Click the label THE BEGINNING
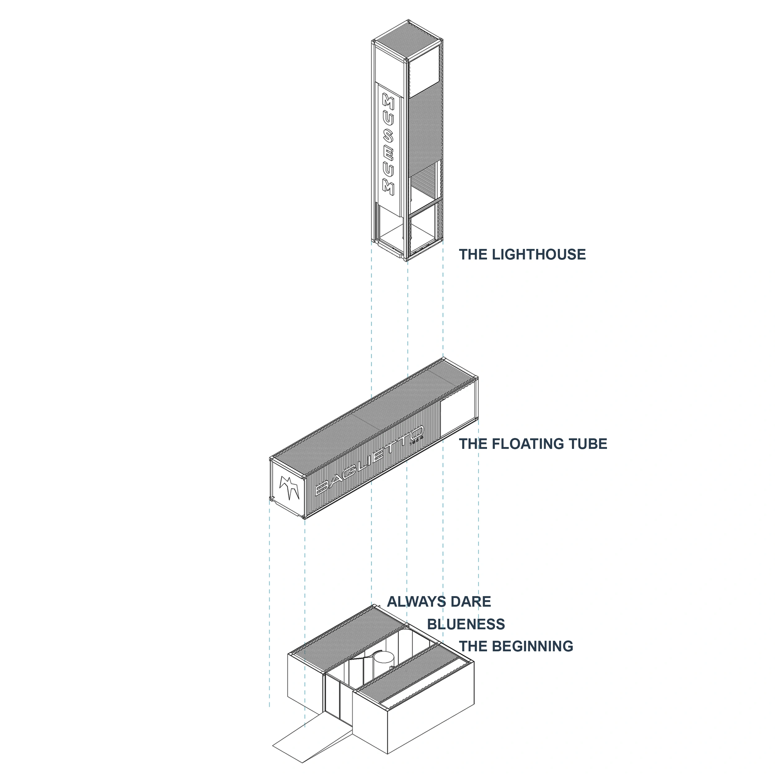pos(516,646)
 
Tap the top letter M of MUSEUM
pos(388,102)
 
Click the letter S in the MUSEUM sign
pos(388,136)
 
